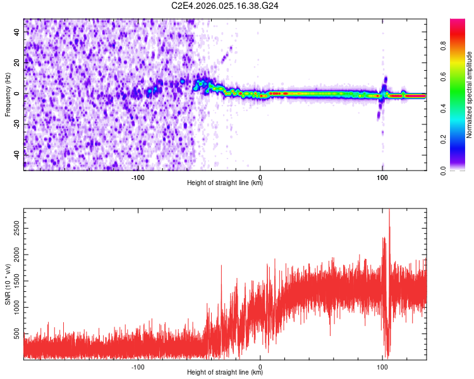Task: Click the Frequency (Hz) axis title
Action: pyautogui.click(x=8, y=95)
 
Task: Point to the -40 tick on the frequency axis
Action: pyautogui.click(x=16, y=154)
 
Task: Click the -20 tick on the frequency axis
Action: pyautogui.click(x=16, y=124)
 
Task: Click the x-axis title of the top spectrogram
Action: pyautogui.click(x=225, y=183)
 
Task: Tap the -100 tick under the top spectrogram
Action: pyautogui.click(x=138, y=177)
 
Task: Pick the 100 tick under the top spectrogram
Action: pyautogui.click(x=382, y=177)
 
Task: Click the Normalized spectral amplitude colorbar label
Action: pyautogui.click(x=470, y=95)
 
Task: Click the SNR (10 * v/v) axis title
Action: pyautogui.click(x=8, y=284)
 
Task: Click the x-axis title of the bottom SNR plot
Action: pyautogui.click(x=225, y=373)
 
